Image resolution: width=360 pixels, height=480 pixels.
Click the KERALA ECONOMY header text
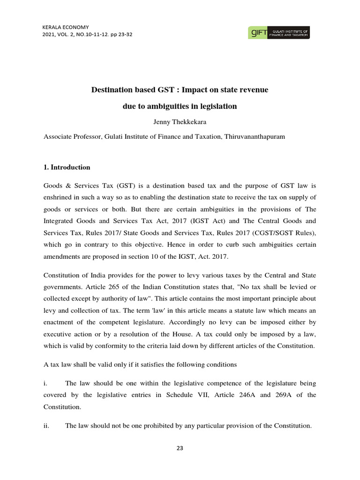[65, 27]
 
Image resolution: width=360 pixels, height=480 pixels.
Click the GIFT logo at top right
[278, 32]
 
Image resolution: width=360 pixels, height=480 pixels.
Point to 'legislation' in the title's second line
[217, 106]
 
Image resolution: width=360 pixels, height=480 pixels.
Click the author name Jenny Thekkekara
[180, 122]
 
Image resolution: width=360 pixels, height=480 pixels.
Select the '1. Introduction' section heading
[67, 167]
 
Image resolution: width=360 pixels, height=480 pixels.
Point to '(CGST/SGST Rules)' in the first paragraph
[288, 231]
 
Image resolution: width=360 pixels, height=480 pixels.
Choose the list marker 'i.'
[45, 383]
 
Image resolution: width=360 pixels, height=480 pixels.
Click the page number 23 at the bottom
[180, 448]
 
